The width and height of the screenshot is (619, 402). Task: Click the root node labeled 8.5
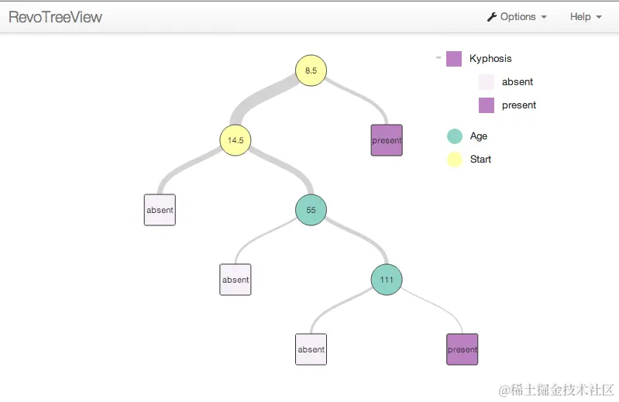(x=311, y=70)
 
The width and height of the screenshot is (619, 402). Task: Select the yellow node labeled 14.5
(x=236, y=140)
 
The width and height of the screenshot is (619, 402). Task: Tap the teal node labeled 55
(x=311, y=210)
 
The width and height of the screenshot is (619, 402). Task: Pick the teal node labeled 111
(x=387, y=280)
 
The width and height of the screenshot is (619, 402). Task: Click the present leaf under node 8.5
(x=387, y=140)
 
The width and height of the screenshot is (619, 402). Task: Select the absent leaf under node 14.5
(x=160, y=210)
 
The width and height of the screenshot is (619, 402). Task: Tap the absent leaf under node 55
(x=236, y=280)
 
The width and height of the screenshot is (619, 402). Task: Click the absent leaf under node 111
(x=311, y=349)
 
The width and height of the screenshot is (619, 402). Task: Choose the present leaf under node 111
(x=463, y=349)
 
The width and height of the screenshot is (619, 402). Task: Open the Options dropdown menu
(x=517, y=17)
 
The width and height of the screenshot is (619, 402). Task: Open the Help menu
(x=586, y=17)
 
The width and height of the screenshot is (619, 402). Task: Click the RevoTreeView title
(x=55, y=17)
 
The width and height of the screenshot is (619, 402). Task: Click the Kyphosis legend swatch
(x=454, y=59)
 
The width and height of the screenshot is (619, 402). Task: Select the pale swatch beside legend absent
(x=487, y=82)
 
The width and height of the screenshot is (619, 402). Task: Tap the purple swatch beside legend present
(x=487, y=105)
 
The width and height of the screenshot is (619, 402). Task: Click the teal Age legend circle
(x=455, y=136)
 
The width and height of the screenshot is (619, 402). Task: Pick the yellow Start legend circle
(x=455, y=160)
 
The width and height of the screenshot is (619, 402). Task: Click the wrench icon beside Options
(x=491, y=17)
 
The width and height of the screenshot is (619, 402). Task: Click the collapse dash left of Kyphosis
(x=438, y=58)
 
